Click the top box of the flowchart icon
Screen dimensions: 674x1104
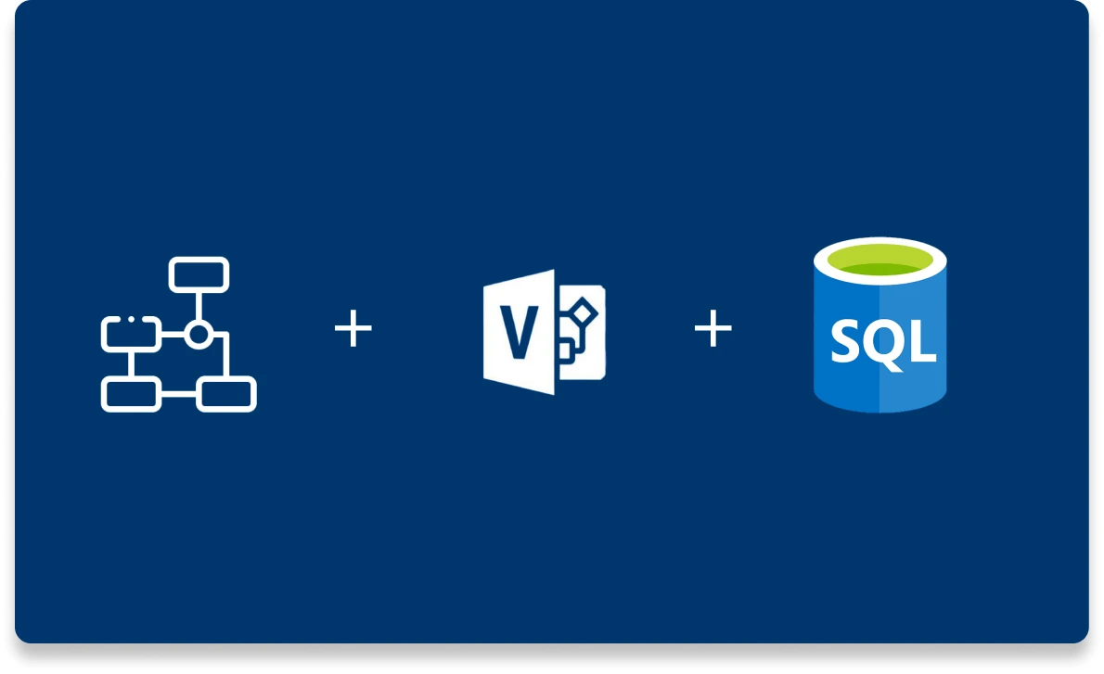[x=199, y=274]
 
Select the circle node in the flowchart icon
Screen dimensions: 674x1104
[x=198, y=335]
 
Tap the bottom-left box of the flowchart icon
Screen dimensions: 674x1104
[x=131, y=394]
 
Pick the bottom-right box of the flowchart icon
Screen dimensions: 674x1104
[x=226, y=394]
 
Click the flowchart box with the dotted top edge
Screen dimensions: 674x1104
[x=131, y=334]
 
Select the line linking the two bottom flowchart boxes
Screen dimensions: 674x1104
[x=178, y=395]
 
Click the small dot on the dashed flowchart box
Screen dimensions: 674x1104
[x=132, y=319]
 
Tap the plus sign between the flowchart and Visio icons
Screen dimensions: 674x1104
[x=353, y=330]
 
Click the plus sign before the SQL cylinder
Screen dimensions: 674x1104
[x=713, y=330]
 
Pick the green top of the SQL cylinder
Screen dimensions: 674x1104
[x=879, y=264]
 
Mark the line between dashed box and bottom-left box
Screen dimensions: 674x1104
[x=131, y=363]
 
